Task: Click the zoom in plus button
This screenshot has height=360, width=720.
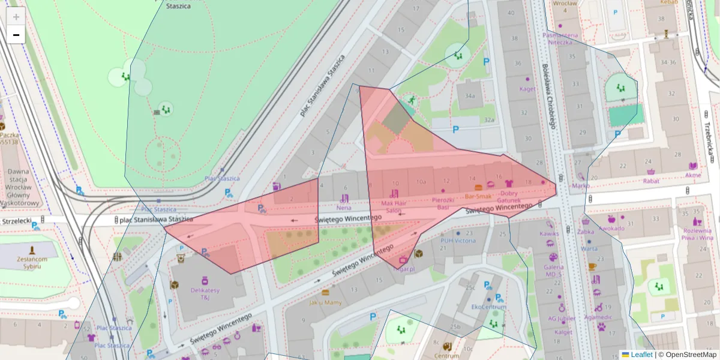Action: [x=16, y=16]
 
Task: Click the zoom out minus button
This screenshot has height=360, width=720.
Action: [x=16, y=35]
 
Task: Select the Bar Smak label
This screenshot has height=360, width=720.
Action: [x=478, y=196]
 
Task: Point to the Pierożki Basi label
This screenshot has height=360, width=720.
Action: [x=443, y=203]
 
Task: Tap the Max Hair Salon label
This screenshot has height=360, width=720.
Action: [x=394, y=207]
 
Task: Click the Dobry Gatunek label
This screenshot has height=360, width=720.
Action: [x=508, y=196]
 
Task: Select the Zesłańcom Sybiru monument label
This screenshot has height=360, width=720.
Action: [x=32, y=263]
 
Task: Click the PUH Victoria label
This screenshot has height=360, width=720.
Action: [x=458, y=241]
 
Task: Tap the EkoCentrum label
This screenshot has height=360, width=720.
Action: [x=488, y=307]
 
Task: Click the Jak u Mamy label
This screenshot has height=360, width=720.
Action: [x=325, y=302]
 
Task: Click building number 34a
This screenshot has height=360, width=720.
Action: [x=470, y=95]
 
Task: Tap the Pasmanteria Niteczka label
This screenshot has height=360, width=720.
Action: [x=560, y=38]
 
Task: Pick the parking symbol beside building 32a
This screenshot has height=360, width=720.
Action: [x=455, y=129]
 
